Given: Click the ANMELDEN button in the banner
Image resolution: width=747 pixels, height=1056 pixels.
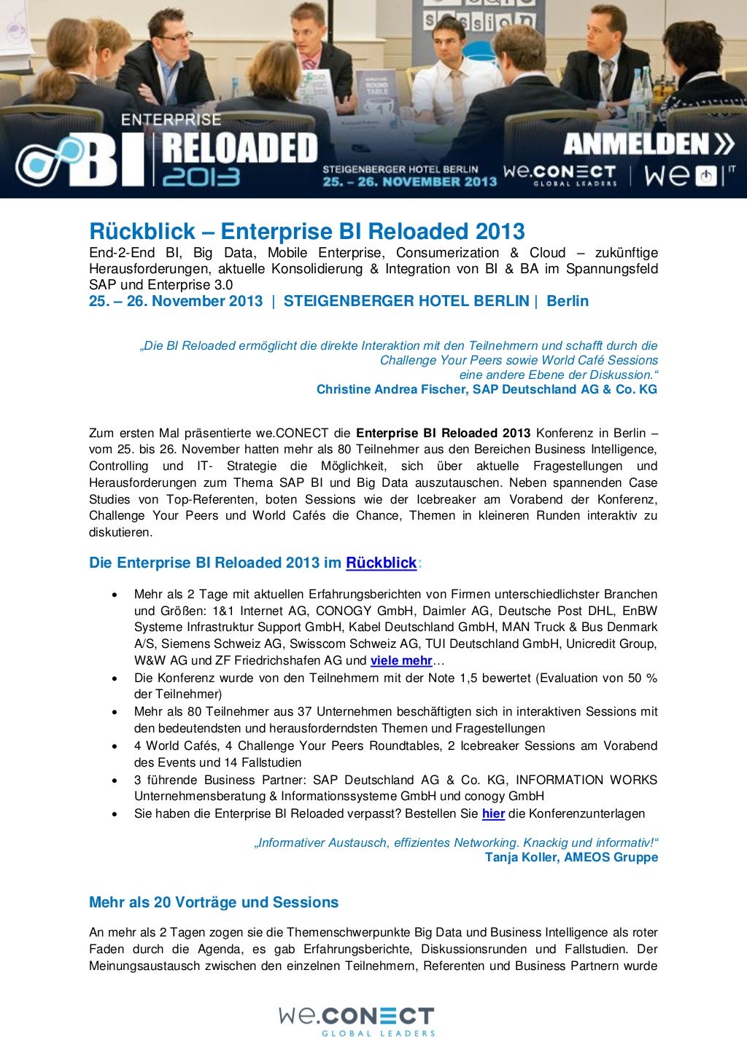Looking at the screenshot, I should pyautogui.click(x=649, y=144).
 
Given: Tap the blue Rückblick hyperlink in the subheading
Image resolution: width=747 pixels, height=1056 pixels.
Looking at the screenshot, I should pyautogui.click(x=381, y=563).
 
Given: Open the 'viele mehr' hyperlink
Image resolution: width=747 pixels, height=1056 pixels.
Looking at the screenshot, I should pyautogui.click(x=401, y=660).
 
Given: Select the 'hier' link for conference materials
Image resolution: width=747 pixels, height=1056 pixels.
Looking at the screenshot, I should pyautogui.click(x=493, y=813).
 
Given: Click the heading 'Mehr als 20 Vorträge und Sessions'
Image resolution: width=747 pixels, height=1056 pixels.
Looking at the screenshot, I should pyautogui.click(x=214, y=902).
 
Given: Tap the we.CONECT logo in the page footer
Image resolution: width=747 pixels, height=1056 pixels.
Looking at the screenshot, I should pyautogui.click(x=357, y=1020).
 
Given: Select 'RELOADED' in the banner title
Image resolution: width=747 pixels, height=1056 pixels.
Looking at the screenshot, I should pyautogui.click(x=239, y=149).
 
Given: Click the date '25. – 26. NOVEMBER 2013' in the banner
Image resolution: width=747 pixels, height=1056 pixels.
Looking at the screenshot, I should pyautogui.click(x=409, y=181).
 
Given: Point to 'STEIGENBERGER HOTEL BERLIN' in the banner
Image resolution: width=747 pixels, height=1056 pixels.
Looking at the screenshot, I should pyautogui.click(x=400, y=169).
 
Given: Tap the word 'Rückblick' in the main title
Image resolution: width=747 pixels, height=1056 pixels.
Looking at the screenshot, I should pyautogui.click(x=142, y=232).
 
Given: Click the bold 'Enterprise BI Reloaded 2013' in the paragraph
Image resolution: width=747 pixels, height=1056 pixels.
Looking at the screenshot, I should pyautogui.click(x=443, y=433).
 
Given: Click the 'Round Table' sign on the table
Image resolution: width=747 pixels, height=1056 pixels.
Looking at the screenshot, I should pyautogui.click(x=377, y=89).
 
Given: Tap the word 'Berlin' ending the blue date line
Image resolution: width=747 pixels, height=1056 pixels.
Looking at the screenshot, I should pyautogui.click(x=568, y=301).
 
